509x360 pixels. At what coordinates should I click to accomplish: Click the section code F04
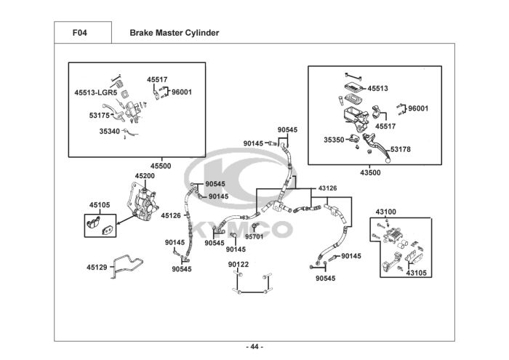pyautogui.click(x=79, y=33)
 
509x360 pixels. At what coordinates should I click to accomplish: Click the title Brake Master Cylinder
pyautogui.click(x=175, y=33)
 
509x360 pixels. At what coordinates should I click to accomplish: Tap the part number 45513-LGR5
pyautogui.click(x=96, y=92)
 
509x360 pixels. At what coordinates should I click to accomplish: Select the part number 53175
pyautogui.click(x=100, y=115)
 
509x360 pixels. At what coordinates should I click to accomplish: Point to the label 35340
pyautogui.click(x=109, y=131)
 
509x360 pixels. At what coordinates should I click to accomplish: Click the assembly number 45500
pyautogui.click(x=161, y=166)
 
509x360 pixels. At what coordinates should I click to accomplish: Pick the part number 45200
pyautogui.click(x=145, y=175)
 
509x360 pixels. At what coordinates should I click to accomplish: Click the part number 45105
pyautogui.click(x=100, y=205)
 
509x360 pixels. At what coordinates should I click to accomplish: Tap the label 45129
pyautogui.click(x=97, y=267)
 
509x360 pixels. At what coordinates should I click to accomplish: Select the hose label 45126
pyautogui.click(x=171, y=215)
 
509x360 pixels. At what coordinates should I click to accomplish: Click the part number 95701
pyautogui.click(x=254, y=236)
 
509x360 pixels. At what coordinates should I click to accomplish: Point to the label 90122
pyautogui.click(x=239, y=264)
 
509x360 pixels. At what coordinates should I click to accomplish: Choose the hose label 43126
pyautogui.click(x=327, y=188)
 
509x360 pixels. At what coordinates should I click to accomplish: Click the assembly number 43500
pyautogui.click(x=370, y=172)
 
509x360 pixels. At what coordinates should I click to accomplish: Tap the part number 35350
pyautogui.click(x=334, y=140)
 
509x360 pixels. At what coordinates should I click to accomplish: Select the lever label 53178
pyautogui.click(x=400, y=149)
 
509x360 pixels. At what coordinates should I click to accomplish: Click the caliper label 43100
pyautogui.click(x=386, y=212)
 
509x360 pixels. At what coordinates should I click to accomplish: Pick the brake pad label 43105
pyautogui.click(x=417, y=273)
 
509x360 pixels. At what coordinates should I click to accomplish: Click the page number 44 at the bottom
pyautogui.click(x=254, y=347)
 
